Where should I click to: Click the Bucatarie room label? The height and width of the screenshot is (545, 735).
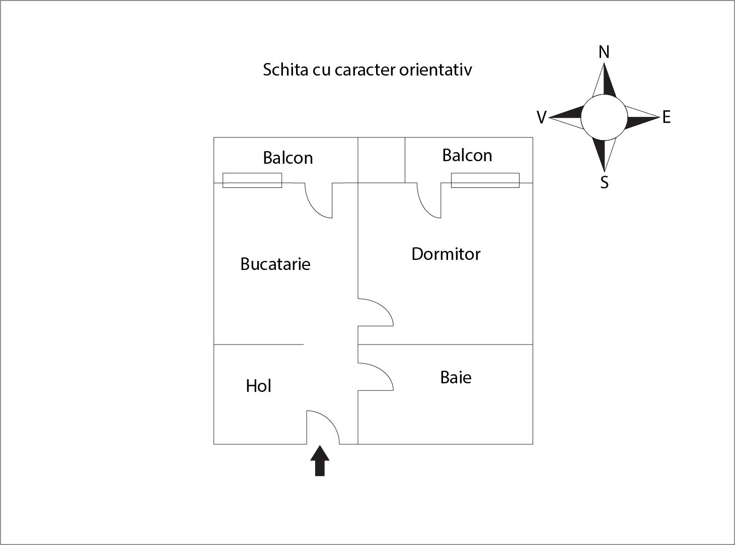(x=275, y=264)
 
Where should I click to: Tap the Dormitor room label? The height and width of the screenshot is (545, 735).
(x=446, y=254)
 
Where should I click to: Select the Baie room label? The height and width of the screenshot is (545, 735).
(x=456, y=377)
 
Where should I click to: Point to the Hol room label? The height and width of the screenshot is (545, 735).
(x=258, y=386)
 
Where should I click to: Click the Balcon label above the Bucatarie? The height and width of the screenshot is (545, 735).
(x=287, y=158)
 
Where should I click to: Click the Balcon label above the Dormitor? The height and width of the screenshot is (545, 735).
(x=467, y=155)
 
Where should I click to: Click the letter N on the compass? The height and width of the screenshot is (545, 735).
(x=604, y=52)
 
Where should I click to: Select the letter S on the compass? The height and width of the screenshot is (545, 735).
(x=604, y=182)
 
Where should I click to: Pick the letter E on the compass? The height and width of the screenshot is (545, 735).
(x=666, y=117)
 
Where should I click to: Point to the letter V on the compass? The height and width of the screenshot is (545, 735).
(x=541, y=117)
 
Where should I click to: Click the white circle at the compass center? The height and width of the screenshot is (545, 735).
(x=604, y=117)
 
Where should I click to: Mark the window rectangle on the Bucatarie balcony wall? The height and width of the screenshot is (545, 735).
(x=252, y=180)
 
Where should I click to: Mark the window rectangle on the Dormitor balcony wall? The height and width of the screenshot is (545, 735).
(x=485, y=180)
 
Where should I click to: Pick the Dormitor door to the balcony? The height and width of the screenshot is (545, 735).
(x=429, y=200)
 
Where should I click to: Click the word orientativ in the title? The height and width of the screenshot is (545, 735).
(x=435, y=70)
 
